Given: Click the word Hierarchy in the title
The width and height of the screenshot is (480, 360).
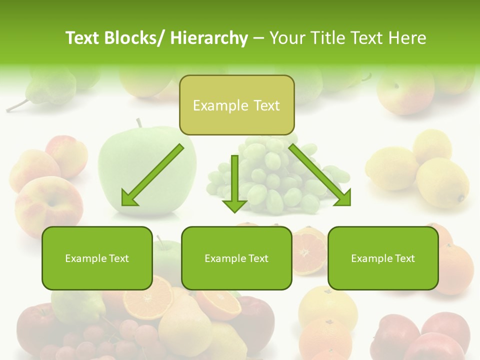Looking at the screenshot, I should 209,38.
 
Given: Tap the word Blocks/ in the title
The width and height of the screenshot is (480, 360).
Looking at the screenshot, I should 134,38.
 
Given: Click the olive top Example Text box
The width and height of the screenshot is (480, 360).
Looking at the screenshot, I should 236,105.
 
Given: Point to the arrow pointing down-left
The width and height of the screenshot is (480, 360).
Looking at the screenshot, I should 151,176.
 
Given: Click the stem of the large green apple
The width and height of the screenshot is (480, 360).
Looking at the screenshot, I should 139,122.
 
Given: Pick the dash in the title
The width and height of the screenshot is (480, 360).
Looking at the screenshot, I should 258,38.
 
